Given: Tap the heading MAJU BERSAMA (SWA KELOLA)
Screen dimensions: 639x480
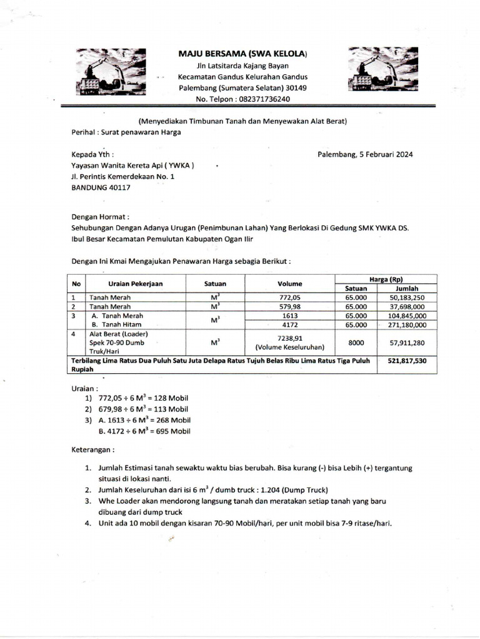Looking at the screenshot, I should coord(242,54).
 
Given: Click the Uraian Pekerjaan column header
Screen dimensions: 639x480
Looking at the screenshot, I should coord(135,283).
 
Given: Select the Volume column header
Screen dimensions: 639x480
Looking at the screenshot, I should coord(289,283).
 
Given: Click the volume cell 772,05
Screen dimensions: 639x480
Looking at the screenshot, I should coord(289,297).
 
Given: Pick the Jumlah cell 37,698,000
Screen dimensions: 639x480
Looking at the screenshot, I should coord(407,306).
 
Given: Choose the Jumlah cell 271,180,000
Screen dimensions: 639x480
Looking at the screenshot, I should coord(407,324).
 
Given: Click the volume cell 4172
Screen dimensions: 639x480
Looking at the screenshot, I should coord(289,324).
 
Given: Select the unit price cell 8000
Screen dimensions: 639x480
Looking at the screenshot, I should coord(356,342).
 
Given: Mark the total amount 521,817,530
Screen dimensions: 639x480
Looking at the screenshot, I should coord(407,361).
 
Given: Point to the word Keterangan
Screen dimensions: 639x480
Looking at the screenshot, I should coord(92,449).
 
